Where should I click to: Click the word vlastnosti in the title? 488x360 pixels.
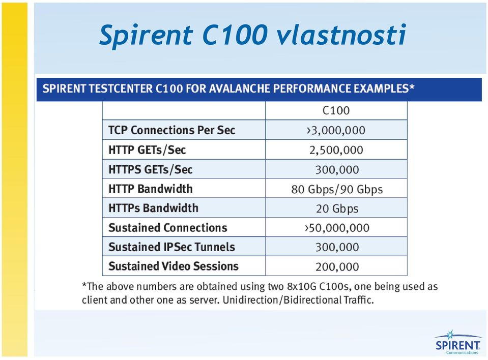click(x=341, y=34)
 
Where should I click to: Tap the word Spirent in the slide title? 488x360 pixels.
click(x=146, y=35)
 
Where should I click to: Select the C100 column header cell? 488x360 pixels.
click(x=336, y=110)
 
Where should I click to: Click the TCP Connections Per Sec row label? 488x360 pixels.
click(x=171, y=130)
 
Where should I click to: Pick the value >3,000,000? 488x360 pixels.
click(x=336, y=130)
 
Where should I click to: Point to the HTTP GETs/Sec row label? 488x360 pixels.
click(x=147, y=150)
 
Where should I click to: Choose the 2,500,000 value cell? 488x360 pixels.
click(x=336, y=150)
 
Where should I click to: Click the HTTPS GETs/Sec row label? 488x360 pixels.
click(x=150, y=169)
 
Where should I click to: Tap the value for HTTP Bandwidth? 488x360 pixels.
click(x=337, y=189)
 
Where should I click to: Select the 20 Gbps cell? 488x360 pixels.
click(x=337, y=208)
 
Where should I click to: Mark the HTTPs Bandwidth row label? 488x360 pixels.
click(x=153, y=207)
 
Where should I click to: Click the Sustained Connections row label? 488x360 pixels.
click(x=168, y=228)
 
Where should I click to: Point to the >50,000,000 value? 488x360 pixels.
click(x=337, y=228)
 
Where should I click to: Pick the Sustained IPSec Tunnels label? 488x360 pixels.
click(x=171, y=247)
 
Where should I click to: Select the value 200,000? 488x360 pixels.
click(x=337, y=267)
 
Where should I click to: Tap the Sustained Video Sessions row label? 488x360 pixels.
click(x=174, y=266)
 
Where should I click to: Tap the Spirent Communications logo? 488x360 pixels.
click(x=457, y=342)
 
